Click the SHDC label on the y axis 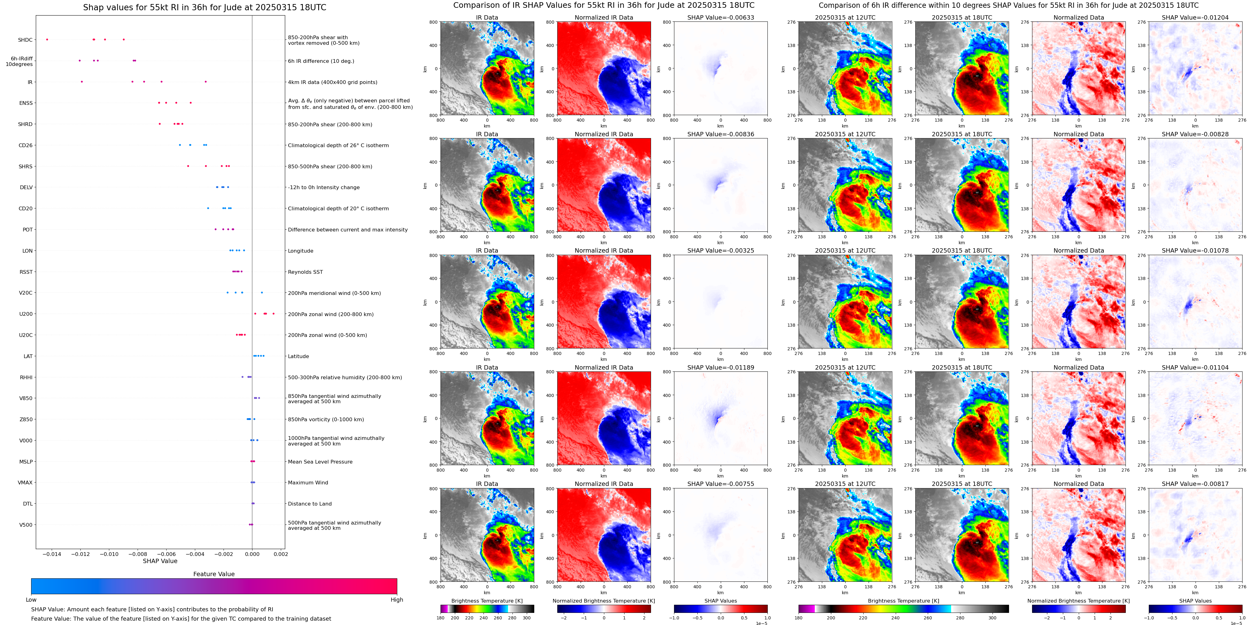pos(25,40)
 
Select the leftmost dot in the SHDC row pos(47,39)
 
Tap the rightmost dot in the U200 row pos(274,314)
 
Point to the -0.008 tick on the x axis pos(138,554)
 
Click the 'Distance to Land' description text pos(309,504)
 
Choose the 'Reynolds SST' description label pos(305,272)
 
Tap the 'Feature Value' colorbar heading pos(214,574)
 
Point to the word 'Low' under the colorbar pos(31,600)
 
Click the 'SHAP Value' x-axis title pos(160,561)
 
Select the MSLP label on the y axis pos(26,462)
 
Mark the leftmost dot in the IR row pos(82,82)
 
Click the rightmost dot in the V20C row pos(262,292)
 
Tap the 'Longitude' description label pos(300,251)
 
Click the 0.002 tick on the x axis pos(281,554)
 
